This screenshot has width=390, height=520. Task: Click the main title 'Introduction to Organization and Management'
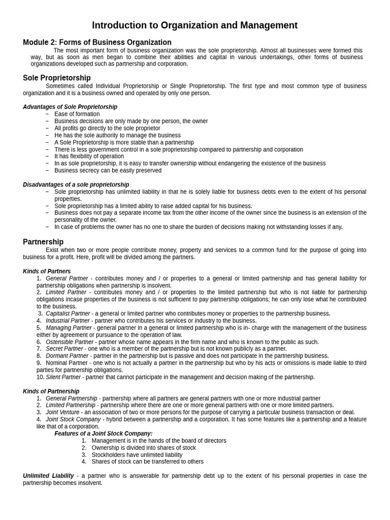(194, 25)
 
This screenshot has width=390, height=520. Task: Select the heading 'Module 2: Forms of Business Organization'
(97, 43)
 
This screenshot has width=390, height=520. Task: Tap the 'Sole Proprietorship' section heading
(57, 78)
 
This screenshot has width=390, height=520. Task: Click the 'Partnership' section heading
(43, 242)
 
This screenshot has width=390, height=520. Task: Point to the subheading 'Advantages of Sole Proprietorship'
(70, 107)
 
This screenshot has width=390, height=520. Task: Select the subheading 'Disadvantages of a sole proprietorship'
(76, 185)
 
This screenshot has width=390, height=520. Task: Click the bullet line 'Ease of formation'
(77, 114)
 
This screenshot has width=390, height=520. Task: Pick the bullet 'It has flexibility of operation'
(89, 156)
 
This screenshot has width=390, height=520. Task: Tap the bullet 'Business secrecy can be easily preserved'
(108, 171)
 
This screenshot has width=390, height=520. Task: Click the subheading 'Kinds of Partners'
(47, 272)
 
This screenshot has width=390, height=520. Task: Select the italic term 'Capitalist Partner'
(68, 314)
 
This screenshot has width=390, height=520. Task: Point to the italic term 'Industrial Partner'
(68, 321)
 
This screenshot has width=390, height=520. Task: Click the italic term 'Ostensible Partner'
(70, 342)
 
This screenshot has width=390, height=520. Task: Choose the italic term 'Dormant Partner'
(67, 356)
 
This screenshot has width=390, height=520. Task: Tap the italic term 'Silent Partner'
(63, 377)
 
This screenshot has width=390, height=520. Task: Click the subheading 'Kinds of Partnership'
(51, 392)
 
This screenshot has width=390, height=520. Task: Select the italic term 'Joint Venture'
(62, 412)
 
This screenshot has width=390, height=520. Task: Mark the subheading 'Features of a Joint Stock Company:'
(103, 434)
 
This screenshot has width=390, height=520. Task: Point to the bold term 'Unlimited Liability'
(48, 476)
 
